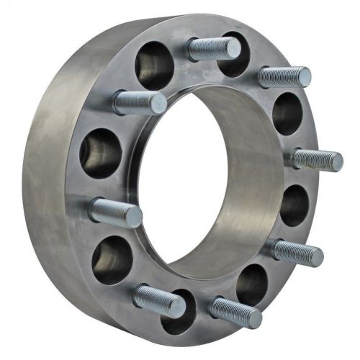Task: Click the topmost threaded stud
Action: tap(213, 49)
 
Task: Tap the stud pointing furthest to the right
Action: tap(317, 159)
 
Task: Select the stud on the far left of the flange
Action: tap(115, 212)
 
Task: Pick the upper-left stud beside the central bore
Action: tap(139, 102)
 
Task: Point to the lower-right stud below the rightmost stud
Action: tap(297, 252)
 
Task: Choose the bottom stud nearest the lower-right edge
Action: tap(235, 312)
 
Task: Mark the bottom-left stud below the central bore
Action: tap(158, 300)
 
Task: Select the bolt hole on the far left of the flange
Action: tap(101, 153)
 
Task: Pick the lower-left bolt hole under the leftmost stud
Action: tap(112, 258)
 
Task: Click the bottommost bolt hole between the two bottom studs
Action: tap(179, 314)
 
